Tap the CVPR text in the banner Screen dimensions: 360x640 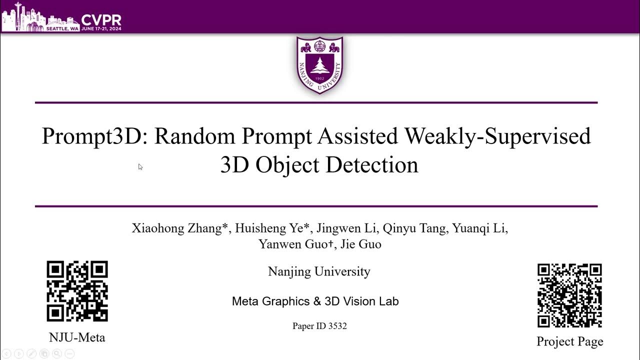coord(101,20)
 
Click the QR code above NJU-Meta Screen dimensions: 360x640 coord(77,291)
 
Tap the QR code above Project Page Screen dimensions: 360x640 coord(569,295)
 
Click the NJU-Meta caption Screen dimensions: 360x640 coord(77,337)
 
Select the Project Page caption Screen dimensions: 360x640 coord(569,341)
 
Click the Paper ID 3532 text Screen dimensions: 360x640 coord(319,326)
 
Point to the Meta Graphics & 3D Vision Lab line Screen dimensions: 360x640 coord(315,301)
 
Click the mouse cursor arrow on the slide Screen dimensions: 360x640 coord(140,167)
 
